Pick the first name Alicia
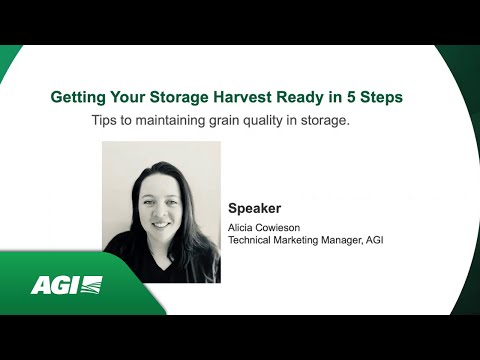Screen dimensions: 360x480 244,229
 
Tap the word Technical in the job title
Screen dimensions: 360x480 254,240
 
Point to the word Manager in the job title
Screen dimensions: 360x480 362,240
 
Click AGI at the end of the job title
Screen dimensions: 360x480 395,240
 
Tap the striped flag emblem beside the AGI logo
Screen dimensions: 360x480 90,285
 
